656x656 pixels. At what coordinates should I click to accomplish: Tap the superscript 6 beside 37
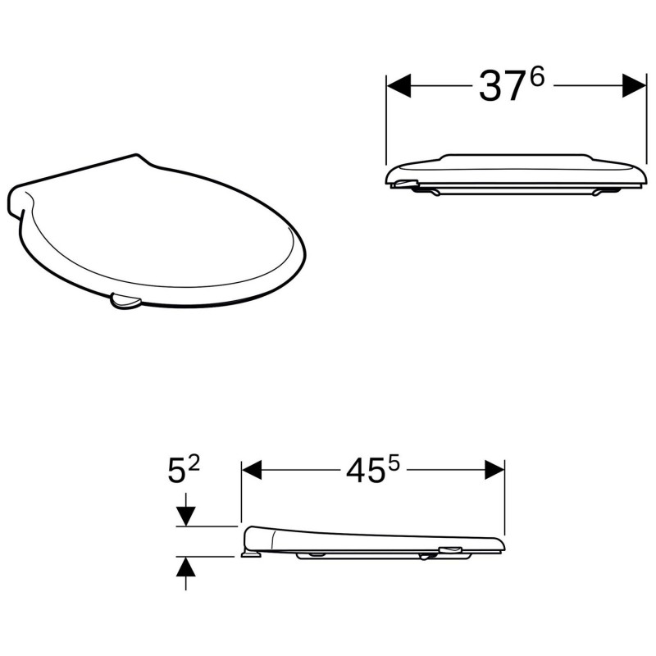[x=537, y=76]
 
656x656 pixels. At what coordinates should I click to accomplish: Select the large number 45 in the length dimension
[x=365, y=470]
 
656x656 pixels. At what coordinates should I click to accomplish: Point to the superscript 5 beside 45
[x=394, y=463]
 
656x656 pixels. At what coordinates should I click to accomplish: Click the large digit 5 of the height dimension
[x=175, y=471]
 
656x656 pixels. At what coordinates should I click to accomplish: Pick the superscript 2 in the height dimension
[x=194, y=463]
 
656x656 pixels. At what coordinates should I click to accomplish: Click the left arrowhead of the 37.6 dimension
[x=399, y=85]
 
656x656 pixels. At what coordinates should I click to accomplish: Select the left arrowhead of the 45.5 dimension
[x=251, y=470]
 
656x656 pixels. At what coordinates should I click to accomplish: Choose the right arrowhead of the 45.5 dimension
[x=494, y=470]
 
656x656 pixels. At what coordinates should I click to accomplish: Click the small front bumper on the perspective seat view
[x=125, y=303]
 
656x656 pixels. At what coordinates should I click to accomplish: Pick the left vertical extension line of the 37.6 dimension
[x=386, y=123]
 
